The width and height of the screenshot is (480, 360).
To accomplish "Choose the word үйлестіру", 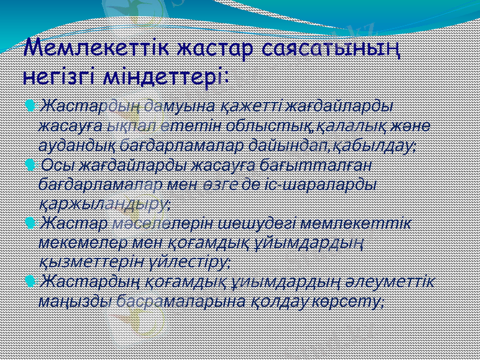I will (190, 262).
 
